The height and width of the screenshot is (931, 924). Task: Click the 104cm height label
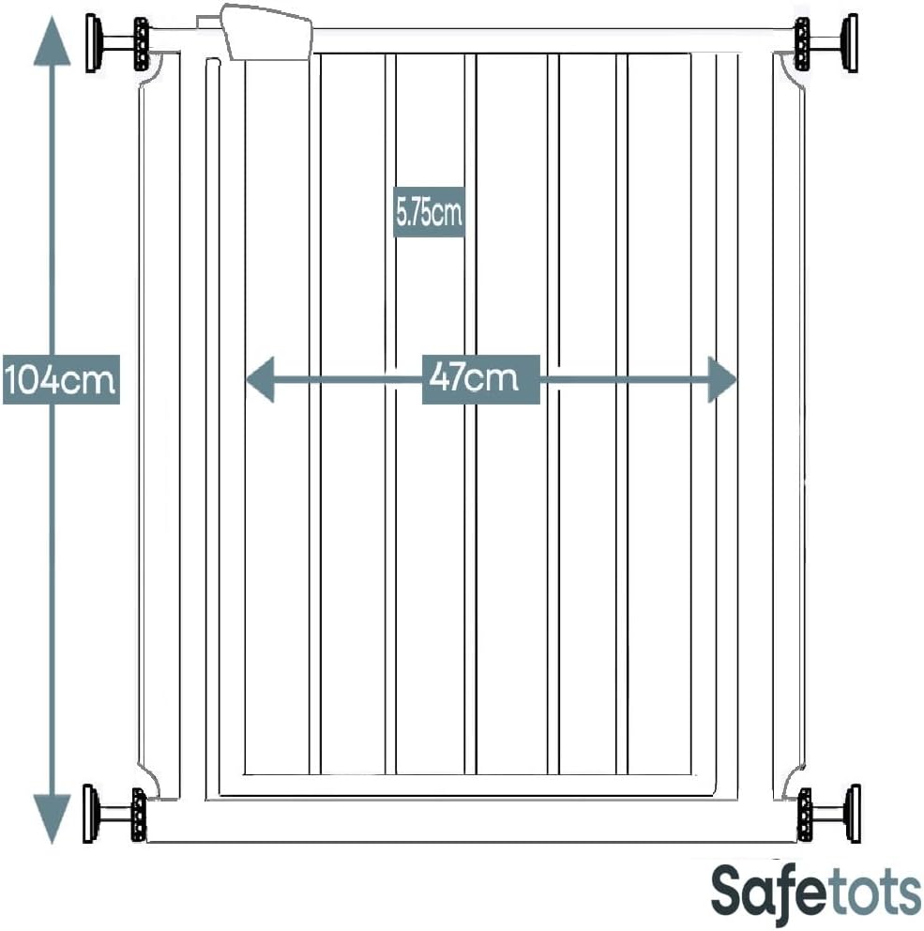coord(61,379)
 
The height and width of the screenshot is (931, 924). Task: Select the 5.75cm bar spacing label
coord(429,212)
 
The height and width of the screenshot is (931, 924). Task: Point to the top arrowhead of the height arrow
coord(53,40)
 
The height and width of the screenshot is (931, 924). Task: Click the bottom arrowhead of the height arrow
coord(53,819)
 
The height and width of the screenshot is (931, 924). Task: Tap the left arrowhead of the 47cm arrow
coord(260,379)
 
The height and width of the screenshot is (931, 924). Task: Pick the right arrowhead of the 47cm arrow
coord(722,379)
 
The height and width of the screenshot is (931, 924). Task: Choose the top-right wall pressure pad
coord(851,43)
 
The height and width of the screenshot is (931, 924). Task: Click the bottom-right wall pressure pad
coord(853,814)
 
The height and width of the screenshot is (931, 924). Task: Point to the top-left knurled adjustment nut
coord(142,44)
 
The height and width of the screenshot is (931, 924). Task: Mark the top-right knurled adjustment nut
coord(802,44)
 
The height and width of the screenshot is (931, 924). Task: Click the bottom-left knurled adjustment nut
coord(139,815)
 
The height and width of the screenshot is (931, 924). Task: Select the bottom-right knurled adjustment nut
coord(805,815)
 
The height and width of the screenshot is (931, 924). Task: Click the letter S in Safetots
coord(728,891)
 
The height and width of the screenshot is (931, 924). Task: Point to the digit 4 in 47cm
coord(440,376)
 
